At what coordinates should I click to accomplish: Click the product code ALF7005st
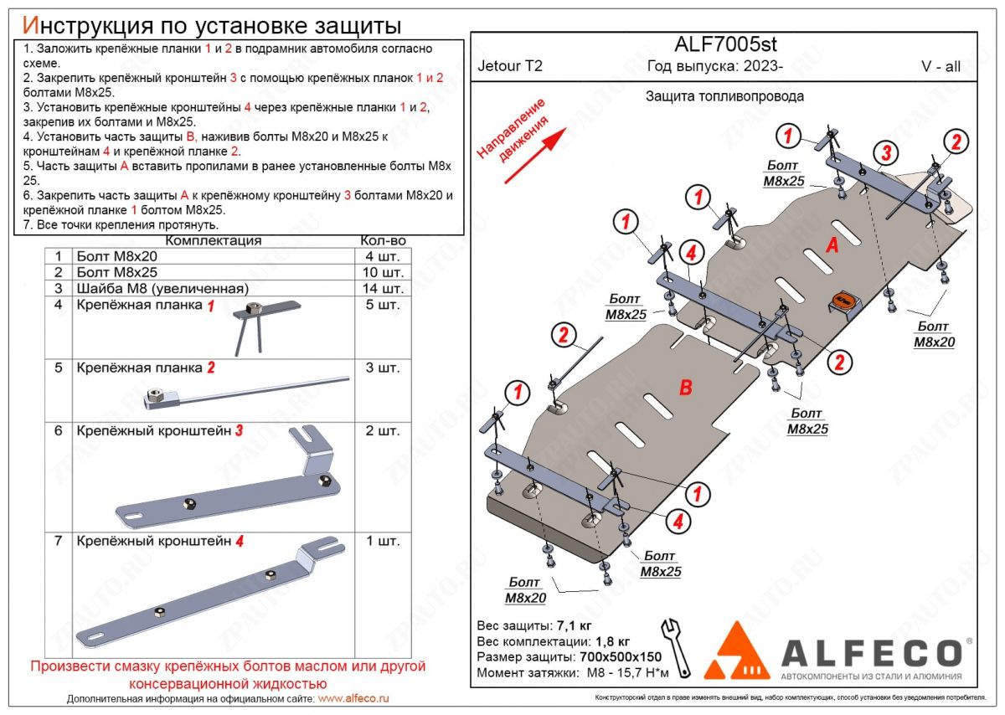click(726, 44)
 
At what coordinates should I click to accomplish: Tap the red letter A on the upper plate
click(832, 244)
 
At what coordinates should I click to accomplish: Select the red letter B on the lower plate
click(685, 387)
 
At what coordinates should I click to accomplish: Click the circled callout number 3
click(886, 152)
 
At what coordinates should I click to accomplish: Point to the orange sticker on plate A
click(842, 301)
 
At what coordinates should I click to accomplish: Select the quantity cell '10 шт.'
click(383, 272)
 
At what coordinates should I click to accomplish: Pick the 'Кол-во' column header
click(383, 240)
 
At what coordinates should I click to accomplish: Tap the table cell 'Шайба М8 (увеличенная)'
click(162, 288)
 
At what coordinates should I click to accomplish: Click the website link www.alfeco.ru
click(354, 698)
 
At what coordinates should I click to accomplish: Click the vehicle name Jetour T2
click(510, 68)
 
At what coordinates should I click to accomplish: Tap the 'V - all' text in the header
click(941, 68)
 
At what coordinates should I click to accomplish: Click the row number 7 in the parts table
click(58, 541)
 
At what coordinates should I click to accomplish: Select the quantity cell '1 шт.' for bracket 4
click(383, 541)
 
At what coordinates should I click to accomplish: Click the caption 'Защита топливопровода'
click(724, 95)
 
